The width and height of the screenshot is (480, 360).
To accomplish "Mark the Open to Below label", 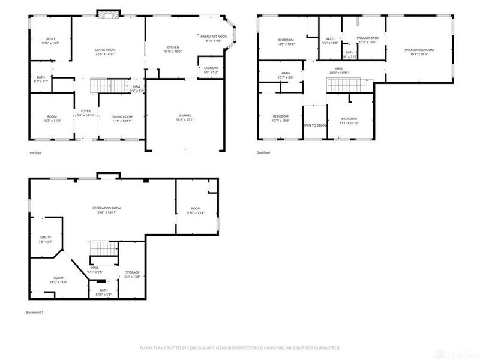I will click(314, 125).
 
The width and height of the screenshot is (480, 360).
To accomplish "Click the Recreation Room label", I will click(104, 209).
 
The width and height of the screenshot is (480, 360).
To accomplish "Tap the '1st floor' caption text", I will click(37, 153).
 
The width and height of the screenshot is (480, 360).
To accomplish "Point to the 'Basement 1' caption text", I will click(35, 313).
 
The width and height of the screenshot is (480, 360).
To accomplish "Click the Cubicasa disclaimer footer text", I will click(240, 347).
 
